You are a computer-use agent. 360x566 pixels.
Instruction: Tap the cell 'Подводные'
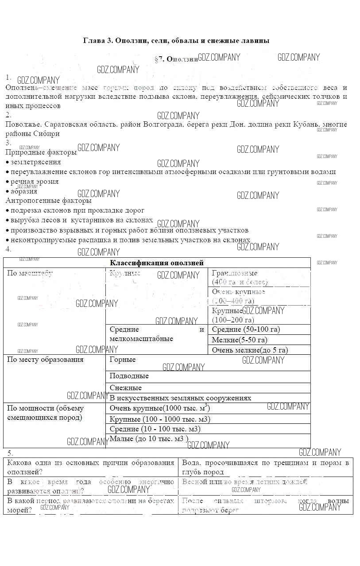(129, 376)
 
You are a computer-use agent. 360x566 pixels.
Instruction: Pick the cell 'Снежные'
(126, 388)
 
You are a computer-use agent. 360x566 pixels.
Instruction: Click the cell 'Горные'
(123, 360)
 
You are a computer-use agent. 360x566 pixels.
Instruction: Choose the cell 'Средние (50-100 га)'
(246, 330)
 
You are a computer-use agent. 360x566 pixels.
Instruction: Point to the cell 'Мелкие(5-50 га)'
(240, 340)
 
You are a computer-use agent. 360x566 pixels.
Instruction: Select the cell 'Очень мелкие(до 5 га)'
(250, 350)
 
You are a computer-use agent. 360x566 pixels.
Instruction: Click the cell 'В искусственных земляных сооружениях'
(180, 398)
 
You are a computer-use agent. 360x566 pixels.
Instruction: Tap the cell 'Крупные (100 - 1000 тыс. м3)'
(160, 419)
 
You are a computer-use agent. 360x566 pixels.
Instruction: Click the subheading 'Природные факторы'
(41, 153)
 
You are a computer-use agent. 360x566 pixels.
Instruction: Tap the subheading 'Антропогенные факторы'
(49, 201)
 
